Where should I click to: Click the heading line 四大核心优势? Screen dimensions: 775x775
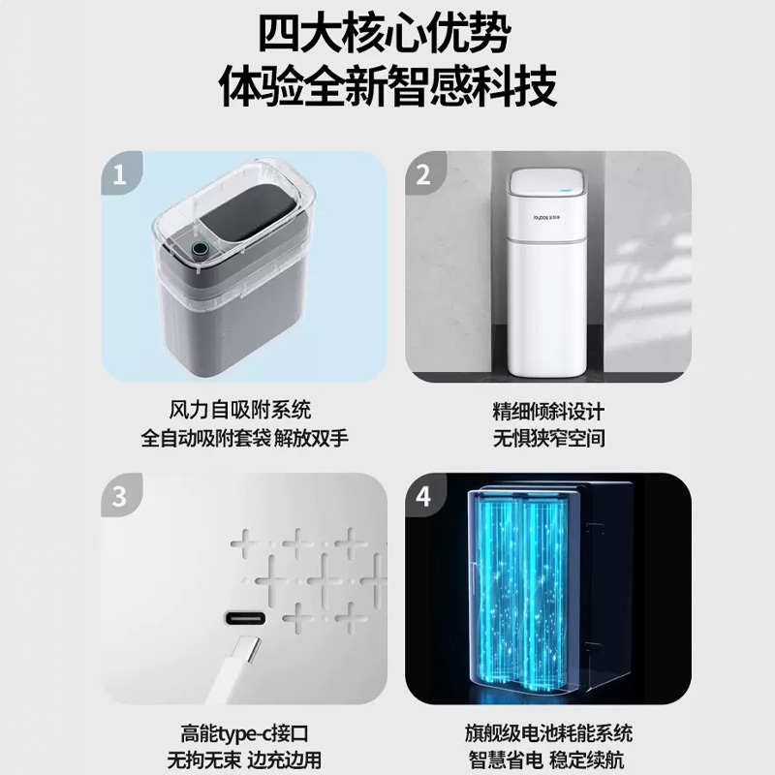pos(387,36)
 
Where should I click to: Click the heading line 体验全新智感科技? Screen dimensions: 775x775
pos(387,88)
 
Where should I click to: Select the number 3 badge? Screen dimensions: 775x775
pos(120,497)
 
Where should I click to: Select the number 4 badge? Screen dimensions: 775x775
pos(423,497)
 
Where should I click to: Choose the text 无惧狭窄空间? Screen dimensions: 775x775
pos(548,438)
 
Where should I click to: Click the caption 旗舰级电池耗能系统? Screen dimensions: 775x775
pos(548,733)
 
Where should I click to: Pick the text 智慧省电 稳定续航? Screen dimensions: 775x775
pos(548,760)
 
